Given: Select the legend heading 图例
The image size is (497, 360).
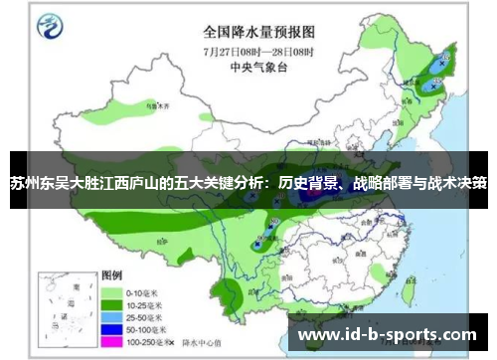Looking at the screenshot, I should coord(112,274).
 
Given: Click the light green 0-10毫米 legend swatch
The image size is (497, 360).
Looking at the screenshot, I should coord(111,293).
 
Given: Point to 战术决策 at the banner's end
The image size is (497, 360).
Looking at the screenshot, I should coord(458,184).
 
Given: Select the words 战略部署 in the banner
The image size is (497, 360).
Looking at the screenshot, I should coord(373,184).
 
